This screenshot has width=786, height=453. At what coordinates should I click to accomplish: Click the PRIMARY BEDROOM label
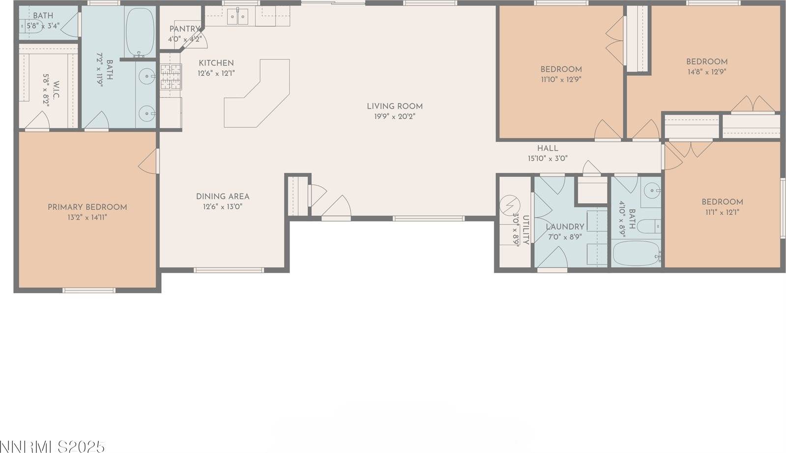click(87, 207)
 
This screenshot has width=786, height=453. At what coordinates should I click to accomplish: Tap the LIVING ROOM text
click(395, 106)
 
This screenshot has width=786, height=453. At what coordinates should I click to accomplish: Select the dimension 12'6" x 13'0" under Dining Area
click(223, 207)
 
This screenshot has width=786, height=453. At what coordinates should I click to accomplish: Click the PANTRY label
click(184, 29)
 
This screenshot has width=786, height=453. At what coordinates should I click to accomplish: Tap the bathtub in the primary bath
click(140, 32)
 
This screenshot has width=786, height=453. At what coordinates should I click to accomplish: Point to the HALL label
click(547, 148)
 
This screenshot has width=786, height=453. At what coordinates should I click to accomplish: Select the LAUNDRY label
click(565, 227)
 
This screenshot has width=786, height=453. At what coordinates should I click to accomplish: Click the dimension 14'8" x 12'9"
click(707, 71)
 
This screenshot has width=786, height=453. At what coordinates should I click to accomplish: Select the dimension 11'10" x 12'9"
click(561, 79)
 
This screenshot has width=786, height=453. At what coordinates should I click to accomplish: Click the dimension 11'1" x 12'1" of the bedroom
click(722, 212)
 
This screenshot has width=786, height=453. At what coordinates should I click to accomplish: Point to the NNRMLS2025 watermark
click(53, 447)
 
